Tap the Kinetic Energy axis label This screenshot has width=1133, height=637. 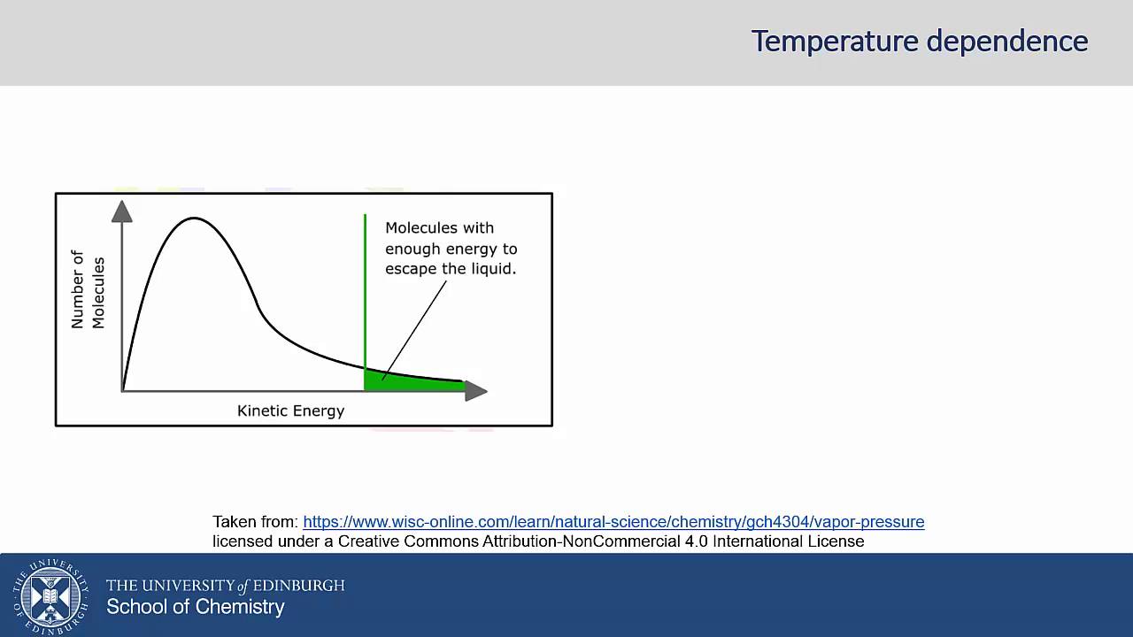click(290, 411)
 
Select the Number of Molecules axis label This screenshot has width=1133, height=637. click(88, 290)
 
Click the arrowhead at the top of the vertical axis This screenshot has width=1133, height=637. click(122, 211)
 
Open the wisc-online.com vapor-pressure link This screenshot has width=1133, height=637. click(613, 522)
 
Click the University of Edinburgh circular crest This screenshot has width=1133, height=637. click(50, 595)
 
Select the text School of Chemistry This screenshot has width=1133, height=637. click(196, 607)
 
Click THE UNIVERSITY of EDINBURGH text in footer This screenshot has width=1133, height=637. click(225, 586)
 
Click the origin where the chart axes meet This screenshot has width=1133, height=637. click(122, 390)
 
